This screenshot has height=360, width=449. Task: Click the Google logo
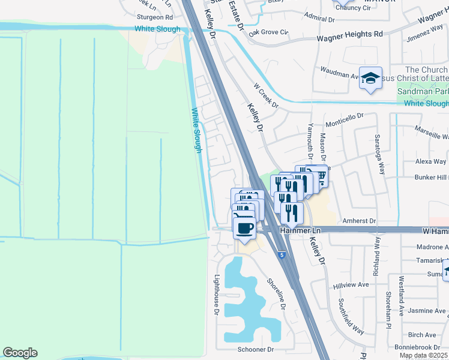(x=20, y=353)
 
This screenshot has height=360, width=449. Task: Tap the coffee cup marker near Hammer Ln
(x=245, y=228)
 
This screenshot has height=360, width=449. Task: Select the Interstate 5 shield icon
(x=282, y=255)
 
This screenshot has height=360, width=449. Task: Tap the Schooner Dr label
(x=256, y=349)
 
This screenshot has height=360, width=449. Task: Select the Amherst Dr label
(x=359, y=221)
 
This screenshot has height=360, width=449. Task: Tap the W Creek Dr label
(x=267, y=95)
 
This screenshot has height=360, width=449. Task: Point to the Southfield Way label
(x=350, y=316)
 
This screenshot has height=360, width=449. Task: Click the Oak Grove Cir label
(x=268, y=32)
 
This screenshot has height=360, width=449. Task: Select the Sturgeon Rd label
(x=154, y=17)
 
